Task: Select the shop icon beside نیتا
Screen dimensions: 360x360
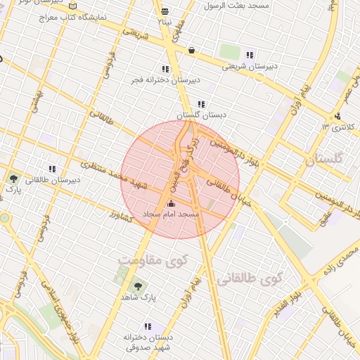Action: tap(165, 11)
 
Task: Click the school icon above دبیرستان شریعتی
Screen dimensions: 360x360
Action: tap(250, 55)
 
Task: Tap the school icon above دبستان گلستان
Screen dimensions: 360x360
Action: tap(202, 104)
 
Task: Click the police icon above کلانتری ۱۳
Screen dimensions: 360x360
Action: tap(338, 116)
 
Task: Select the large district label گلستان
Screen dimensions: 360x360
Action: tap(323, 160)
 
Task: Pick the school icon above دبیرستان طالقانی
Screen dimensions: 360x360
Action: tap(52, 169)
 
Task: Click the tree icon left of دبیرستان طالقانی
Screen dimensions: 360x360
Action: tap(13, 179)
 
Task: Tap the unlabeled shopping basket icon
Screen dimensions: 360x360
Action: tap(193, 50)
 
